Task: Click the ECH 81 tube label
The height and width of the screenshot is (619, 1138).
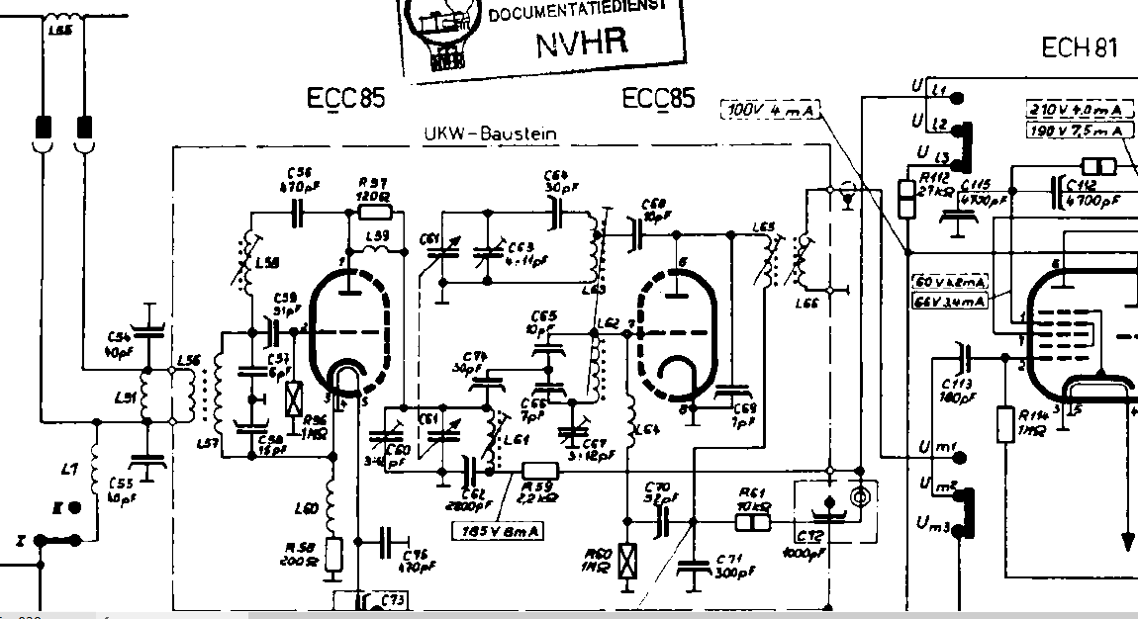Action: point(1080,46)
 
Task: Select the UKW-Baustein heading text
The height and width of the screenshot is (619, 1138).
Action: point(491,133)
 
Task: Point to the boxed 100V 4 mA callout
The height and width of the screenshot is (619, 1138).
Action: point(771,110)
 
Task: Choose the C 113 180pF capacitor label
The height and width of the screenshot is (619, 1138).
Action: point(957,390)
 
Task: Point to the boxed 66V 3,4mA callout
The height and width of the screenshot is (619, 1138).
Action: point(950,301)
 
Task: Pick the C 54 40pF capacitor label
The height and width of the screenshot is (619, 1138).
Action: point(118,345)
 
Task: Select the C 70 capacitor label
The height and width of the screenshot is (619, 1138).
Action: point(656,492)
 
